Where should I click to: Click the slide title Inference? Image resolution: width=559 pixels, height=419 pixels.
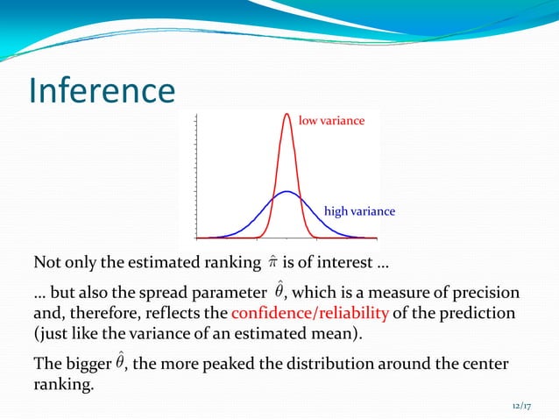coord(102,91)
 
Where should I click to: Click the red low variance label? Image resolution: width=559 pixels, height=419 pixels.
coord(331,120)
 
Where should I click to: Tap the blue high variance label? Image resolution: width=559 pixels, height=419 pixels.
coord(359,211)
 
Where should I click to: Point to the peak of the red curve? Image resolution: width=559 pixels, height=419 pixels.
coord(287,115)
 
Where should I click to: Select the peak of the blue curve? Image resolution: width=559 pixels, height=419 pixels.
coord(287,192)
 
